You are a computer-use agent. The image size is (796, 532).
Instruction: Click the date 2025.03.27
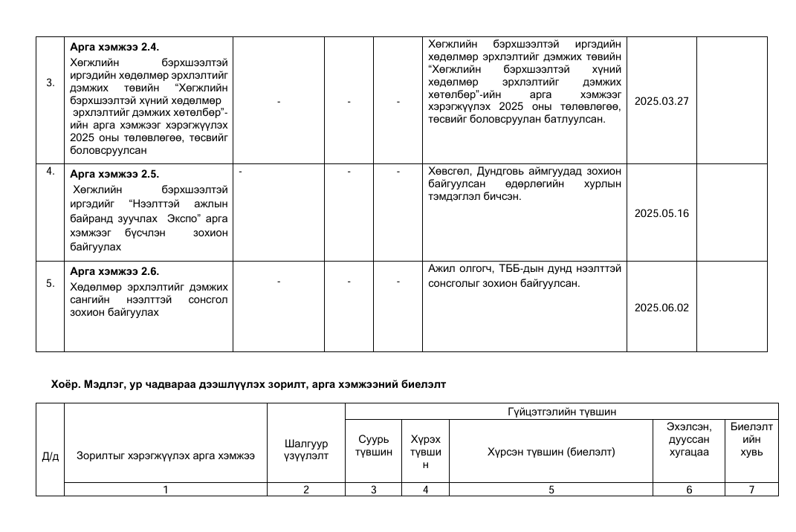[661, 101]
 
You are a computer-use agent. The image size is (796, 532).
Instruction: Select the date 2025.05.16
[661, 213]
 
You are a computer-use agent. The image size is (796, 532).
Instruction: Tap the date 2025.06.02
[661, 308]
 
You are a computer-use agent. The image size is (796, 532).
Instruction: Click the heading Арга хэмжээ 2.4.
[114, 47]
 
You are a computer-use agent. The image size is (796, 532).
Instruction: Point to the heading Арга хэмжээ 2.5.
[114, 175]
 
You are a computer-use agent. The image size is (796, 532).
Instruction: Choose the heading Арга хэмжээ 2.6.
[114, 271]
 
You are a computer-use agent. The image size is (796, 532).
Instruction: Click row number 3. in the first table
[50, 82]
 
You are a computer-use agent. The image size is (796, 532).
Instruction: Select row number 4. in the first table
[50, 172]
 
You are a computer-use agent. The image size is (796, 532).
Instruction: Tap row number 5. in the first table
[50, 283]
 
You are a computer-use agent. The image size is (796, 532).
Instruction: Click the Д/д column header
[50, 455]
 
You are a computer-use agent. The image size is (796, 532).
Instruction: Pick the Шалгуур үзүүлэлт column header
[305, 450]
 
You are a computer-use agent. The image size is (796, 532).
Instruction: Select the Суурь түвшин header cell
[373, 444]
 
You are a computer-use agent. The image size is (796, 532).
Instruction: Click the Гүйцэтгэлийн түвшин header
[561, 412]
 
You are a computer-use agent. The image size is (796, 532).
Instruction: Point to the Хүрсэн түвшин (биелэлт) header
[551, 452]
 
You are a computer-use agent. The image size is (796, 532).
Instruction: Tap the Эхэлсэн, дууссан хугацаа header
[688, 439]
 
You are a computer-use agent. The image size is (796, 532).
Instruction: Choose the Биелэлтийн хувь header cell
[751, 439]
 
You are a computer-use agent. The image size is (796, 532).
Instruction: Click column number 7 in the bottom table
[751, 489]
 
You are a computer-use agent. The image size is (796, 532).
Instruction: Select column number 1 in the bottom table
[165, 489]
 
